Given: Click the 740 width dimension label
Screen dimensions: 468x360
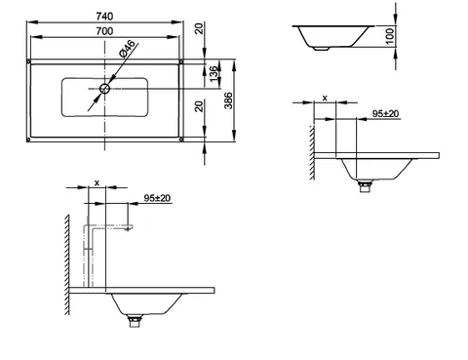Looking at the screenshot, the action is pyautogui.click(x=104, y=16).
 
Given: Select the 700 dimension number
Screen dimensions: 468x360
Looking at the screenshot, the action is pyautogui.click(x=104, y=31).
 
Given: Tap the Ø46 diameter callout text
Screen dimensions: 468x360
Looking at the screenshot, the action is pyautogui.click(x=127, y=49).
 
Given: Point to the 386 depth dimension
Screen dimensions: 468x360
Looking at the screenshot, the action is pyautogui.click(x=228, y=100).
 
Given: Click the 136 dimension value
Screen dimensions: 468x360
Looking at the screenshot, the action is pyautogui.click(x=214, y=74).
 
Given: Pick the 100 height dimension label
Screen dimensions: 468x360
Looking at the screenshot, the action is pyautogui.click(x=390, y=36).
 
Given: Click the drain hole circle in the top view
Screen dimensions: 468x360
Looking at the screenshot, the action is pyautogui.click(x=104, y=89).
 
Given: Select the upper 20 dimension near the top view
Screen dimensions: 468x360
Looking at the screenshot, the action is pyautogui.click(x=199, y=28).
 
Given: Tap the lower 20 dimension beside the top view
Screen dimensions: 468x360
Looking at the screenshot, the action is pyautogui.click(x=199, y=106).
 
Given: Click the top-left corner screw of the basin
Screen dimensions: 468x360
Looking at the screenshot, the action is pyautogui.click(x=28, y=61).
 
